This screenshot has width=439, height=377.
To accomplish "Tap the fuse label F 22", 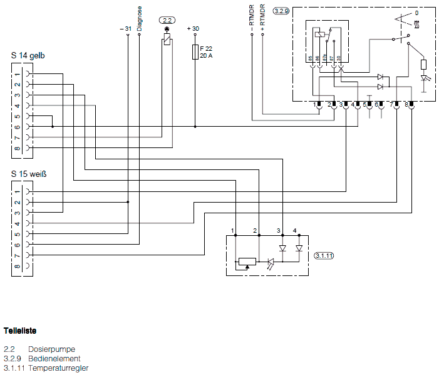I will point(206,49).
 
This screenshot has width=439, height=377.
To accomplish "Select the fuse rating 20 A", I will point(207,56).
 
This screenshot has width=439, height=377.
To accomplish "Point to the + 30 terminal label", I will point(193,29).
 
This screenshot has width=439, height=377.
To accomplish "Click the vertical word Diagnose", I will point(139,18).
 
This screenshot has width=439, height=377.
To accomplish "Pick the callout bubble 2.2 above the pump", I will point(167,20).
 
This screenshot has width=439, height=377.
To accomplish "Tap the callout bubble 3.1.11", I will point(324,256).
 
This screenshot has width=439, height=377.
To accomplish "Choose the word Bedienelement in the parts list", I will point(54,358).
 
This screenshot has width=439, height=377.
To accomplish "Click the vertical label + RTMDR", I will point(262,18).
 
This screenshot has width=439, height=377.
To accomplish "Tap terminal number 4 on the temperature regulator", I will point(295,231).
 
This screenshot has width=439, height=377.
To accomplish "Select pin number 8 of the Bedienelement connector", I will point(406,104).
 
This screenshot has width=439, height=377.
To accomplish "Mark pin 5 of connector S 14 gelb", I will point(18,116).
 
